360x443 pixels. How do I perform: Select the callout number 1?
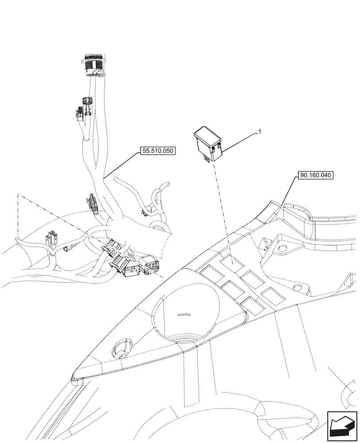260,132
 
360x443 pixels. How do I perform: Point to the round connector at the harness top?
94,64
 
